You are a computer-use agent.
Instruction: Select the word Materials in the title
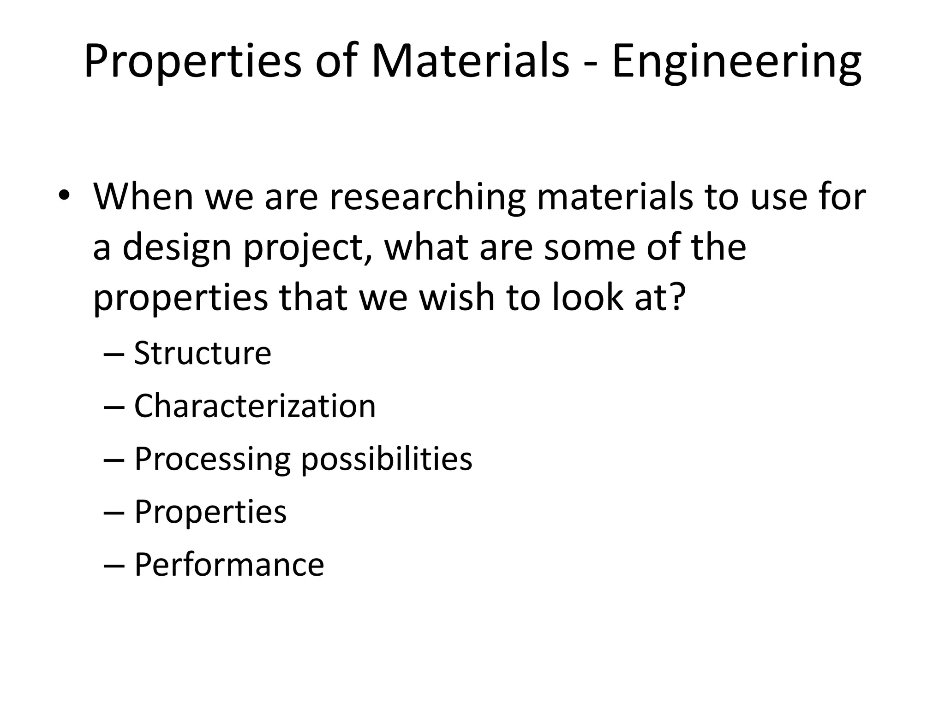470,61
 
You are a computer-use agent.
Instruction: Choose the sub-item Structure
202,353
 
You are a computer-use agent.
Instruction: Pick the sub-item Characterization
255,406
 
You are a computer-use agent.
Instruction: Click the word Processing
212,459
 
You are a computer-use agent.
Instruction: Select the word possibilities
387,459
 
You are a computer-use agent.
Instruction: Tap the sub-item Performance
229,565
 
